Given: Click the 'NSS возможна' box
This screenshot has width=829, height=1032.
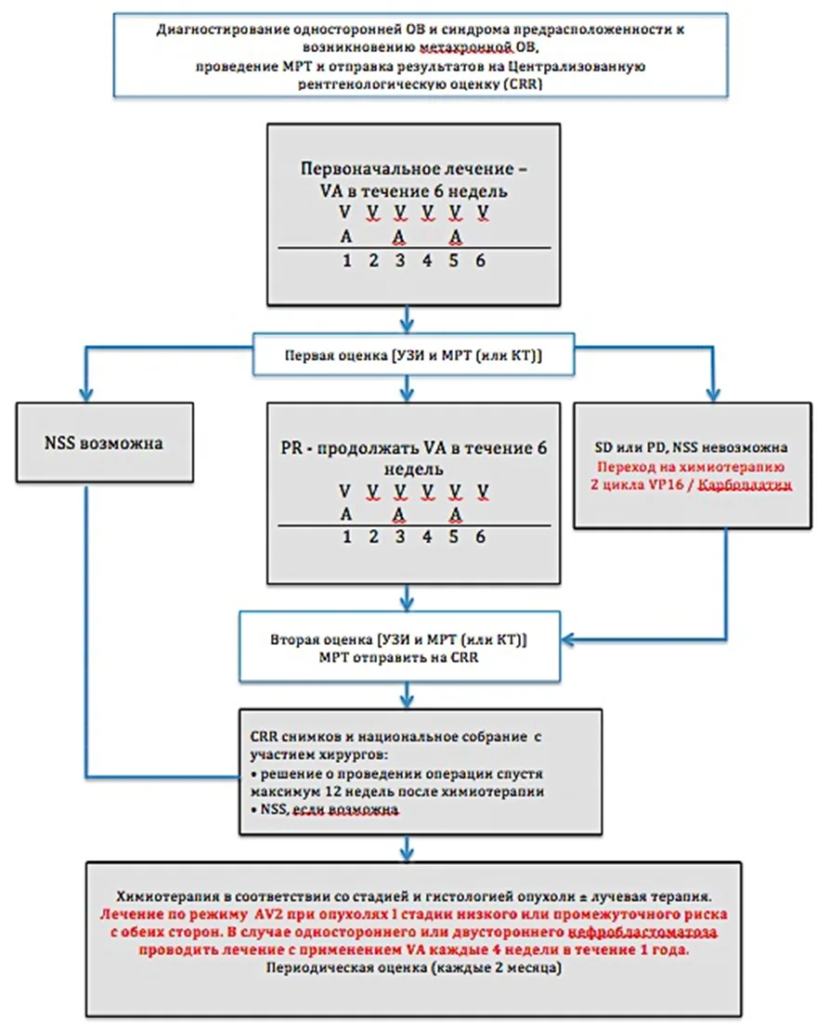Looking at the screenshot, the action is pos(105,443).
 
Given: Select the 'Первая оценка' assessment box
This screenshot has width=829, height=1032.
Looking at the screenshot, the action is pos(413,355).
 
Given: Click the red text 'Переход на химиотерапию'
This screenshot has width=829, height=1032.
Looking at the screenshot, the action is pos(691,467).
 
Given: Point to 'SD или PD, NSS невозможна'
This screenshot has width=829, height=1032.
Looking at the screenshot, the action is pos(691,447).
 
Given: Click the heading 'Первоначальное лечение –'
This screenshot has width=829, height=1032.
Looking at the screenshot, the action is pos(413,169).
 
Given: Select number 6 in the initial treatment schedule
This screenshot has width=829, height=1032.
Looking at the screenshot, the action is pos(481,261).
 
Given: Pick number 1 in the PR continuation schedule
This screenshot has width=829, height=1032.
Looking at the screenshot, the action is pos(346,537).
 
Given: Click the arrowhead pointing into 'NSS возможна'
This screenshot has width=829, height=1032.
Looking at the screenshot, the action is pos(85,395).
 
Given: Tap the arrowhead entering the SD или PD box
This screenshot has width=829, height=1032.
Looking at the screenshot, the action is pos(712,395).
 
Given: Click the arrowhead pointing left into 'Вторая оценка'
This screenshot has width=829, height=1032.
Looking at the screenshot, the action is pos(567,639).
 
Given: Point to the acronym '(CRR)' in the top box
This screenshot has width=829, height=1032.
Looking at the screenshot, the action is pos(525,84).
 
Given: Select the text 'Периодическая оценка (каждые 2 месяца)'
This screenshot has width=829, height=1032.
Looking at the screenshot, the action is pos(413,967).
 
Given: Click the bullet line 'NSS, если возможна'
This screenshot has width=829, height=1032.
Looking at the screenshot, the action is pos(325,809).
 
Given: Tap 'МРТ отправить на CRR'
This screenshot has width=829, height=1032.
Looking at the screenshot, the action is pos(398,657).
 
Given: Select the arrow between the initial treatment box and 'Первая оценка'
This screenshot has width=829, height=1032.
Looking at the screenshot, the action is pos(407,319).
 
